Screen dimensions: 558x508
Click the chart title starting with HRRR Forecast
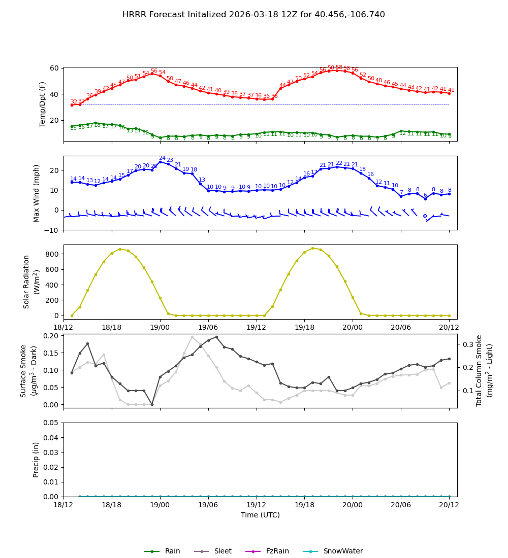(253, 15)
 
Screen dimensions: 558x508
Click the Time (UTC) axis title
(260, 515)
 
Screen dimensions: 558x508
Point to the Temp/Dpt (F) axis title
(43, 104)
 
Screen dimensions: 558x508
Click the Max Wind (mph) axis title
(36, 193)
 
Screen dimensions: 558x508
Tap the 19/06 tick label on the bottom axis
(208, 506)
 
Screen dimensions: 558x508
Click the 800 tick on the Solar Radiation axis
(53, 254)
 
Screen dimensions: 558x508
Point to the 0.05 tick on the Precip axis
(51, 423)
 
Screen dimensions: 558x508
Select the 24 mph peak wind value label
(162, 158)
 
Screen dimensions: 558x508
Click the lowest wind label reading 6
(425, 195)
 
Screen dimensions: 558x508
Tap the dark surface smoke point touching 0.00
(152, 404)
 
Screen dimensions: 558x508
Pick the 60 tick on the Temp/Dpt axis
(54, 68)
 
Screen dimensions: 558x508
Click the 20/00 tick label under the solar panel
(353, 328)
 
